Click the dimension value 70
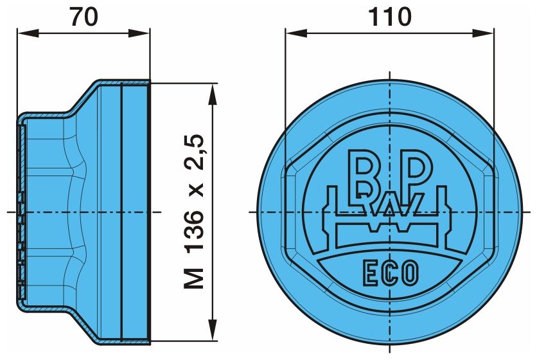[x=84, y=17]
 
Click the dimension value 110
[x=389, y=17]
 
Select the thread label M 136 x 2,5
[x=194, y=212]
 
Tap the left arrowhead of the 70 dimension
[x=28, y=33]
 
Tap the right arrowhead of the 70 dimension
[x=139, y=33]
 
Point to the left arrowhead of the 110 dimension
[x=296, y=33]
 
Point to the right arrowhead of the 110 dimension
[x=483, y=33]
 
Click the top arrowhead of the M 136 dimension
[x=213, y=94]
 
